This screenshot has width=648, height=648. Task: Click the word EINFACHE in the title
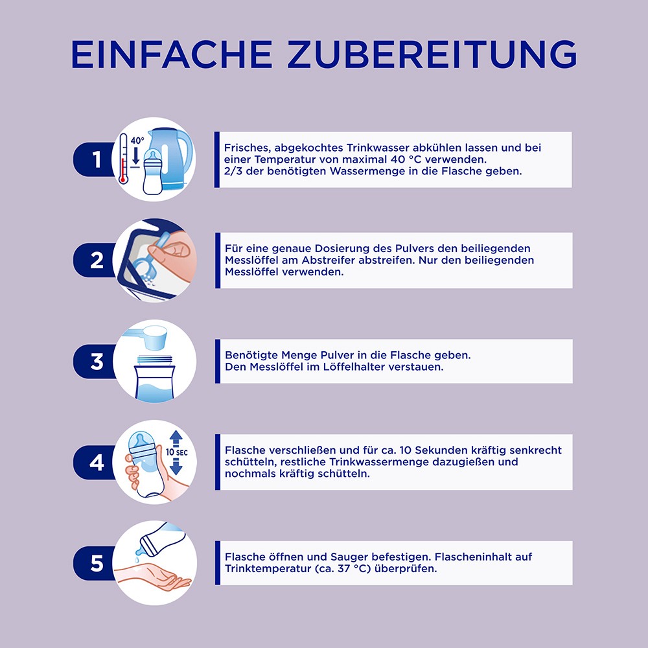[x=172, y=54]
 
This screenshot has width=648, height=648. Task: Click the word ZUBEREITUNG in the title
[x=432, y=54]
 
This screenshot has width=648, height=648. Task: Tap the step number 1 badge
[x=95, y=159]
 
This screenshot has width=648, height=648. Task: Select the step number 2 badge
[x=95, y=260]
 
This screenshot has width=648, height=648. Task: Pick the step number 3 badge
[x=95, y=361]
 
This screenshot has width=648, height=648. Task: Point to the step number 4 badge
[x=95, y=463]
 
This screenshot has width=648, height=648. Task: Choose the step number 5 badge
[x=95, y=563]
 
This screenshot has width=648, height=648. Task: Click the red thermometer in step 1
[x=122, y=158]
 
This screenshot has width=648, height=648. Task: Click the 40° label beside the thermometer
[x=137, y=141]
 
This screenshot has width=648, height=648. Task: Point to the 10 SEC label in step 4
[x=176, y=452]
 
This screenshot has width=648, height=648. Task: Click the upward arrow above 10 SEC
[x=176, y=439]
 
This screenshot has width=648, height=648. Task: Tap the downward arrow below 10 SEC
[x=176, y=467]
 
